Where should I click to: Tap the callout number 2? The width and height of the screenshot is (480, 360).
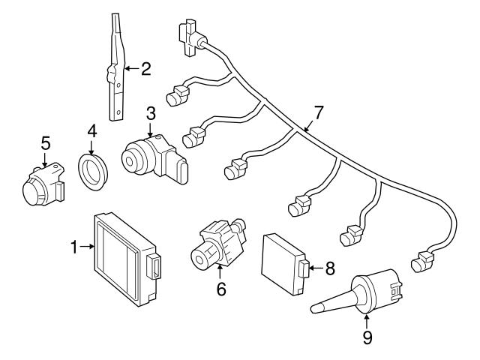[x=145, y=69]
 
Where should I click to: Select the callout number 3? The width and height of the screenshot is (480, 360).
[x=151, y=113]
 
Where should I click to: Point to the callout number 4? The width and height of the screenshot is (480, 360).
[x=91, y=130]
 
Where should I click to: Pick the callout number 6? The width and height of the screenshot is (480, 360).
[x=221, y=287]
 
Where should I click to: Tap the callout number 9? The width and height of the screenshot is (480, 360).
[x=367, y=338]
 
